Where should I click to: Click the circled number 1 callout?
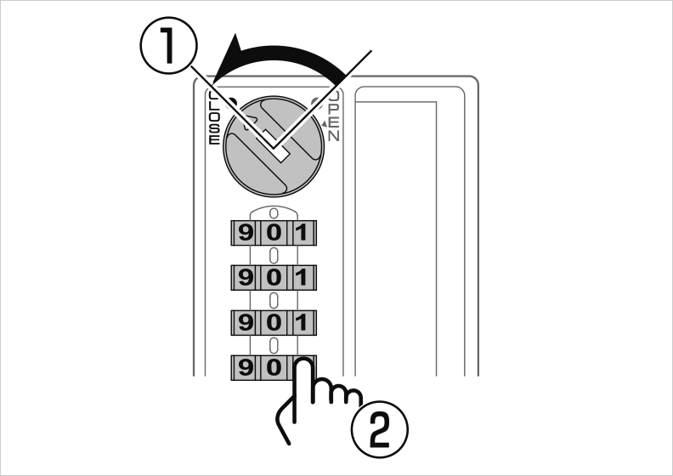169,46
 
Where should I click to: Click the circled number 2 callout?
380,429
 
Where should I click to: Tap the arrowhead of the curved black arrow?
227,59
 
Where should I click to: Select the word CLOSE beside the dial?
214,117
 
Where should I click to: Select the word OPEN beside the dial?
334,116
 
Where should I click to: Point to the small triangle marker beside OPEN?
324,124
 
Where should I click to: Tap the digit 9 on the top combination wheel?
245,233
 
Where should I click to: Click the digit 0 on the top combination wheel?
274,233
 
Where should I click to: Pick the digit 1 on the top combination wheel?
303,233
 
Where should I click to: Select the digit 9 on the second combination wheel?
245,278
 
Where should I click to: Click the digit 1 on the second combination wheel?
303,278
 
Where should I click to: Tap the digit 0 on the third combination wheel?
274,322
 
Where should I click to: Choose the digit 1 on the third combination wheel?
303,322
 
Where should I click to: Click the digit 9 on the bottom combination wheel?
245,367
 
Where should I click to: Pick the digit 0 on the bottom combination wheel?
274,367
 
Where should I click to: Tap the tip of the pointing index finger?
304,360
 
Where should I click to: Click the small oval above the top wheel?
274,213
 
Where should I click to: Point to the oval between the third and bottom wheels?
274,345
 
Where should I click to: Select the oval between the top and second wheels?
274,255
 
